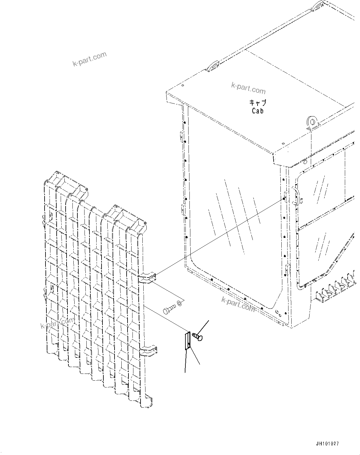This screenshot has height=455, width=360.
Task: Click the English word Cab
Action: tap(258, 111)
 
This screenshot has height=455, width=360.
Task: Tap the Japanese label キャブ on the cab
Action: tap(258, 103)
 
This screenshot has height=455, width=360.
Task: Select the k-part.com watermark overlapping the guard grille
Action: tap(58, 323)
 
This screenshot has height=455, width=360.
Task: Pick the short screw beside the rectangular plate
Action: tap(197, 336)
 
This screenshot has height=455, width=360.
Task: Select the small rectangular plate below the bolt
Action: tap(187, 341)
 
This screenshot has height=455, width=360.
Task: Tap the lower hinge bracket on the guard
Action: tap(148, 351)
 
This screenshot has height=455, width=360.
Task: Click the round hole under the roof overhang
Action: tap(305, 162)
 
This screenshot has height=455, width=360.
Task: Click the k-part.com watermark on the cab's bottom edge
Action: tap(238, 304)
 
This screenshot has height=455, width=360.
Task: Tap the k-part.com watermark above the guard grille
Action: tap(89, 59)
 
